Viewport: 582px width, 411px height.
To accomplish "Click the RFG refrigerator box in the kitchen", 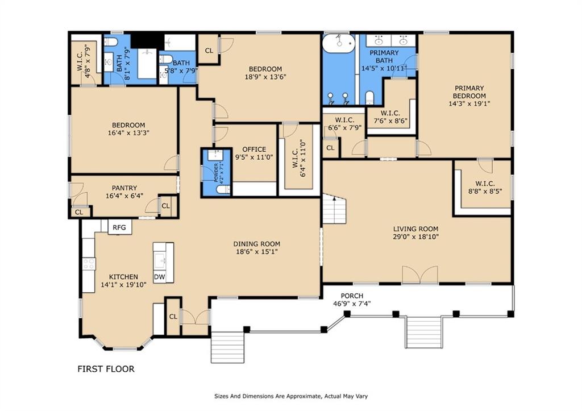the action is pyautogui.click(x=119, y=227).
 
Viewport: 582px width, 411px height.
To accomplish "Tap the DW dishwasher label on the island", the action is pyautogui.click(x=159, y=277).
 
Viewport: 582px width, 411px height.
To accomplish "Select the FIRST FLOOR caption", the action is pyautogui.click(x=106, y=369).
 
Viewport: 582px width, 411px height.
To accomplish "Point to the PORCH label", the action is pyautogui.click(x=352, y=296).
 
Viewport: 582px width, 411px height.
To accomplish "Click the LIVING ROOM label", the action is pyautogui.click(x=415, y=229).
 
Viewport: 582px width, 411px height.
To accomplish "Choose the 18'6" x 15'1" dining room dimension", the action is pyautogui.click(x=257, y=251).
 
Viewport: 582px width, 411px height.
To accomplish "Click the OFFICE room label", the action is pyautogui.click(x=254, y=150).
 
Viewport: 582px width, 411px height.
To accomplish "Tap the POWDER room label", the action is pyautogui.click(x=216, y=172).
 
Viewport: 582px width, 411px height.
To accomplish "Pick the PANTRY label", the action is pyautogui.click(x=124, y=188).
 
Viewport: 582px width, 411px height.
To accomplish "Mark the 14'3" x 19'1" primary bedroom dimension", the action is pyautogui.click(x=469, y=103).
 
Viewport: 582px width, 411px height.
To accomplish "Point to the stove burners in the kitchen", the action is pyautogui.click(x=89, y=264).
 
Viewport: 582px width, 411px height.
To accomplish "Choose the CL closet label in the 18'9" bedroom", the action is pyautogui.click(x=209, y=51).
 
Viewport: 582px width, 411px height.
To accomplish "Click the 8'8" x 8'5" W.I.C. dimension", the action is pyautogui.click(x=485, y=192).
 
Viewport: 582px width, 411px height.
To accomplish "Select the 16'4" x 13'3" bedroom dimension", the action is pyautogui.click(x=128, y=132).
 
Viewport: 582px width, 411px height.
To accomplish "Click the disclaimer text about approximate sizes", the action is pyautogui.click(x=291, y=396).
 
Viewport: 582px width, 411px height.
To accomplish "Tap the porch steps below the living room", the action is pyautogui.click(x=424, y=333).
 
